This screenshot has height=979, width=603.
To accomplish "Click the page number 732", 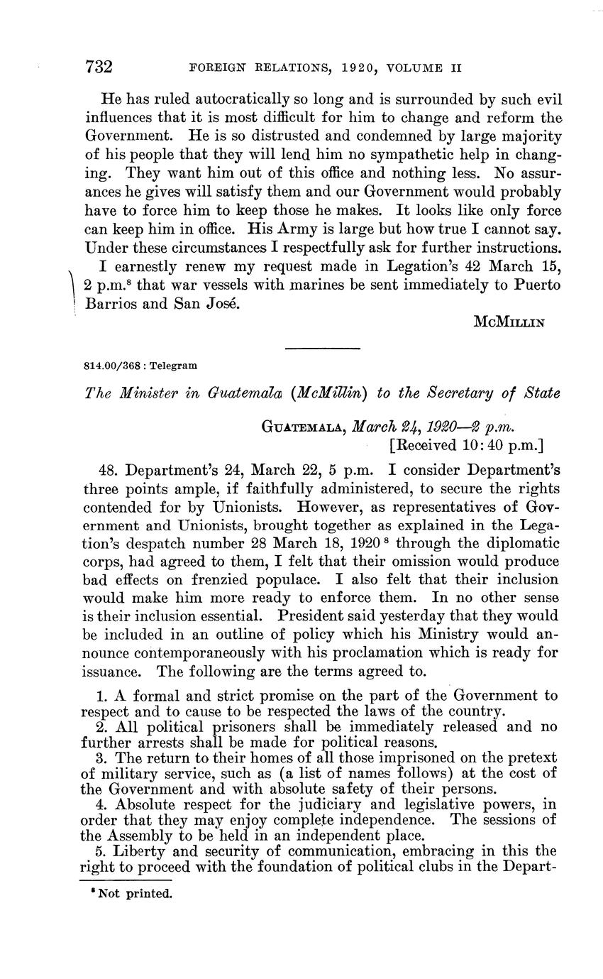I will click(x=99, y=68).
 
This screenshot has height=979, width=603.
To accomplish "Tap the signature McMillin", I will click(x=509, y=321).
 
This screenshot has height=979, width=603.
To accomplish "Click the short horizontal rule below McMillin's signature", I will click(x=322, y=348).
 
